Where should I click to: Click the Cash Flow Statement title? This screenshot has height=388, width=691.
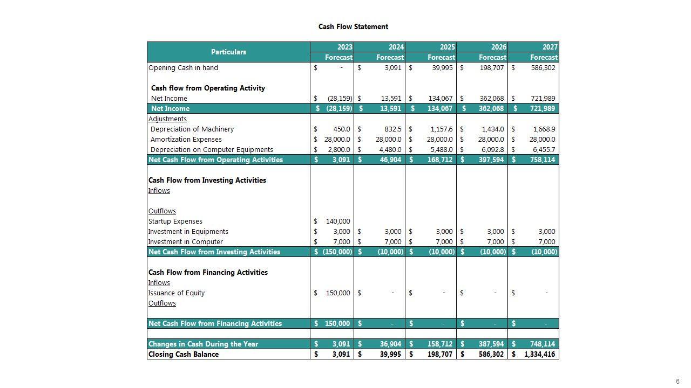(353, 26)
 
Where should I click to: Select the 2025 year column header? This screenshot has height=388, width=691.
(447, 47)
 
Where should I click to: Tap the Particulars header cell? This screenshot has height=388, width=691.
(228, 52)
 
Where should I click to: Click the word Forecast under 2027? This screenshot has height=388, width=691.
(544, 57)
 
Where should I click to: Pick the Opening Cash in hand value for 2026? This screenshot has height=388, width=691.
(491, 68)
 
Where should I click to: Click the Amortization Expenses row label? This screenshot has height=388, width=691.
(186, 140)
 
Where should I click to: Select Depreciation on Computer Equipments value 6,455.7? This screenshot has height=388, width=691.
(544, 150)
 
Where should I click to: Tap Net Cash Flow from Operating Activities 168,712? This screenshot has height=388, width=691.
(440, 160)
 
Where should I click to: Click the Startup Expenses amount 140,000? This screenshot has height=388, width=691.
(338, 221)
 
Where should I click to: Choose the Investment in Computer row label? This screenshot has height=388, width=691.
(185, 242)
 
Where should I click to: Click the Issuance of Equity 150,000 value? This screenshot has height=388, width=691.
(338, 293)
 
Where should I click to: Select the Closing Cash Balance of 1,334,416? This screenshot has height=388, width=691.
(539, 355)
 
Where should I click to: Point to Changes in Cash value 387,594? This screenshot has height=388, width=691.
(491, 344)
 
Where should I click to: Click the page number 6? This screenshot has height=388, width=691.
(678, 382)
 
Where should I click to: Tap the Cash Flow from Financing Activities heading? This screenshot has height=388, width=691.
(208, 273)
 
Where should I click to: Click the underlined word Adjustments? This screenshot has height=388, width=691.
(167, 119)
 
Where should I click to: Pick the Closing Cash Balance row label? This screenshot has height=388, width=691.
(183, 355)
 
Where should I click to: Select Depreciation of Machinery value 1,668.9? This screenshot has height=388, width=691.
(544, 129)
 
